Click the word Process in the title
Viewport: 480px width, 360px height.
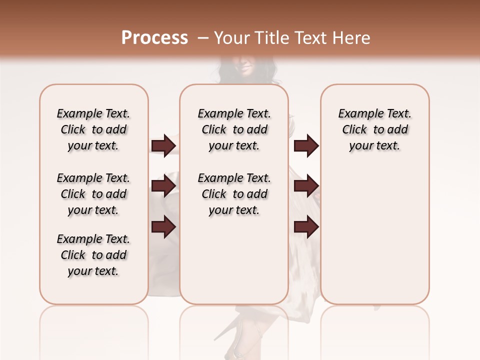pyautogui.click(x=154, y=38)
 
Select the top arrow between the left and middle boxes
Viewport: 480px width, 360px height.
pyautogui.click(x=163, y=145)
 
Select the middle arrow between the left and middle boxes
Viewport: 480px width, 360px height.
pyautogui.click(x=163, y=186)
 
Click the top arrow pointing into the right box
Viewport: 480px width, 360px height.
pyautogui.click(x=306, y=145)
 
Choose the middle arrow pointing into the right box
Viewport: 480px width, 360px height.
pyautogui.click(x=306, y=186)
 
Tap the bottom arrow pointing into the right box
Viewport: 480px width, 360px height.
pyautogui.click(x=306, y=227)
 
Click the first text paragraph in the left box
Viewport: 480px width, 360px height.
pyautogui.click(x=93, y=129)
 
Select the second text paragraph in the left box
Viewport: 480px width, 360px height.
pyautogui.click(x=93, y=194)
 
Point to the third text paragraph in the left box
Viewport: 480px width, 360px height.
pyautogui.click(x=93, y=255)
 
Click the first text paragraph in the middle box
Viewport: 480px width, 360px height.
pyautogui.click(x=234, y=129)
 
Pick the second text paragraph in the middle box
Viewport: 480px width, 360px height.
pyautogui.click(x=234, y=194)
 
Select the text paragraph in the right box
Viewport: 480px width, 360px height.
pyautogui.click(x=374, y=129)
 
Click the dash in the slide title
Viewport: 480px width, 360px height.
pyautogui.click(x=203, y=38)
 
